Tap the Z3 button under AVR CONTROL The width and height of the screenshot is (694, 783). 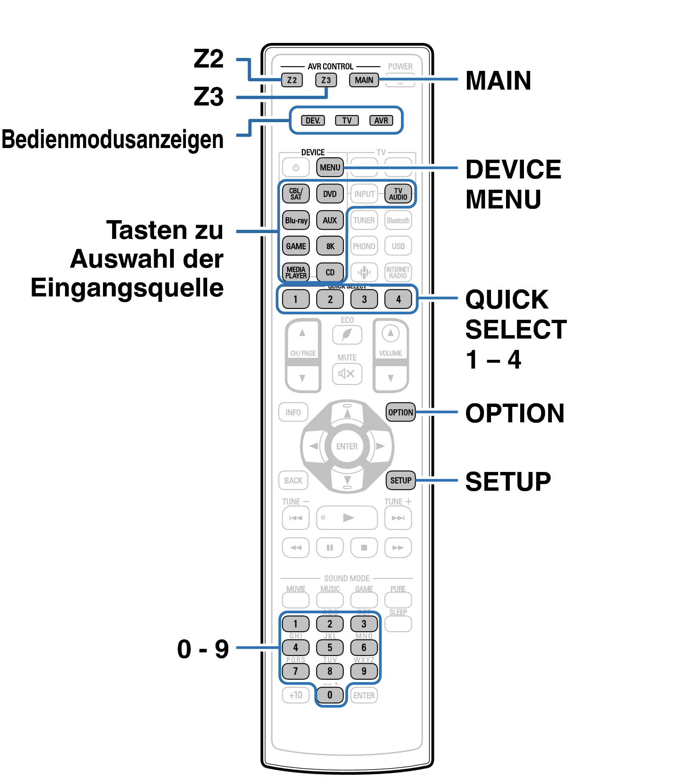pos(326,80)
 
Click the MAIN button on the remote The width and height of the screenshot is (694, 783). pos(364,80)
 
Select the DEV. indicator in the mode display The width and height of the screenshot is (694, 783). pos(313,120)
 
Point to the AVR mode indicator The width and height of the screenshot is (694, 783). pos(381,120)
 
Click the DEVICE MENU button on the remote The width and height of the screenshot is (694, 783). pos(330,167)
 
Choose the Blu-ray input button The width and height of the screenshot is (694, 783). pos(296,220)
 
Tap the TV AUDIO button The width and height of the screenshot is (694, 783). pos(398,194)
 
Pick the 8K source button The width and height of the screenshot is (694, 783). pos(330,246)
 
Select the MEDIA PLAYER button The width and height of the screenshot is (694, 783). pos(296,272)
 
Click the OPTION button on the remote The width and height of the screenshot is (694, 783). pos(401,412)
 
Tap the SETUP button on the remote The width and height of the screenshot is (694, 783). pos(401,480)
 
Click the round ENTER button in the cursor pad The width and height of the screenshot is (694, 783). pos(347,446)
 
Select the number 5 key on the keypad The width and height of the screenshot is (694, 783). pos(330,647)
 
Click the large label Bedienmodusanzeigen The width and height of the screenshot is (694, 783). pos(113,140)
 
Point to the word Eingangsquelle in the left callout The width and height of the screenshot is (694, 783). pos(127,288)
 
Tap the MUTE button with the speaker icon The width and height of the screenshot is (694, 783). pos(347,374)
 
